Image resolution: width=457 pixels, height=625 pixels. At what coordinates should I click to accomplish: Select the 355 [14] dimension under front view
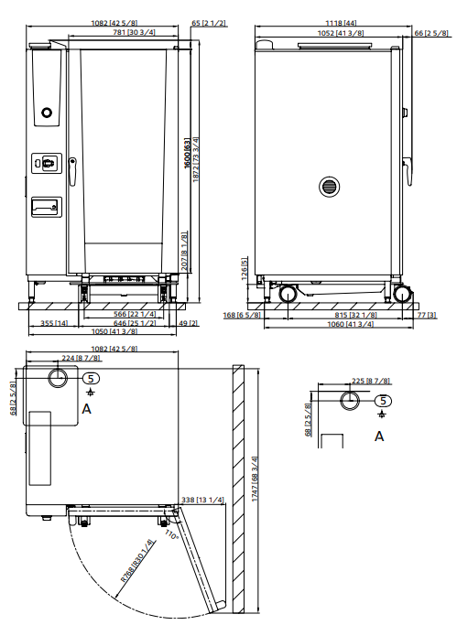pos(55,323)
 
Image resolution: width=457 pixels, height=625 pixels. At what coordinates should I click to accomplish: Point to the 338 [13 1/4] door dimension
pos(203,500)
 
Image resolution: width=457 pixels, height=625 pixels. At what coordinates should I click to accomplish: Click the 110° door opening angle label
pos(172,533)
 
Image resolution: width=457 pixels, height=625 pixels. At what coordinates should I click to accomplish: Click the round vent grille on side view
pos(328,187)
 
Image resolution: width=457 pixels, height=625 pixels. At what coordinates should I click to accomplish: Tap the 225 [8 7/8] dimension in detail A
pos(352,381)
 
